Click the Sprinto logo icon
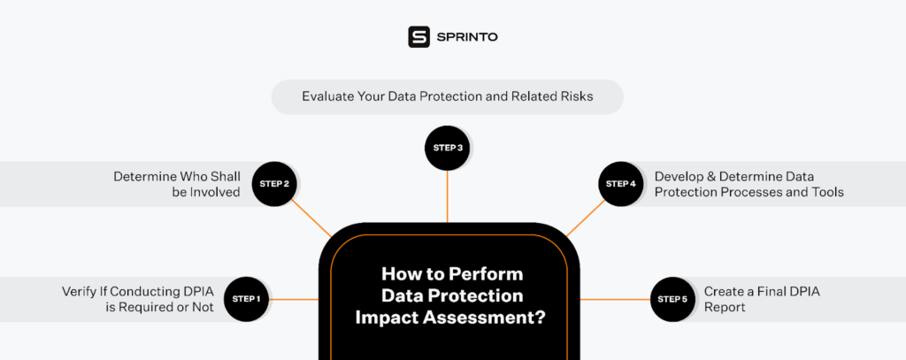pos(418,37)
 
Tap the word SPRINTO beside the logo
pos(467,37)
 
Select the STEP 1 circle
pos(247,299)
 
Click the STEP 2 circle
pos(274,184)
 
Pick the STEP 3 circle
pos(447,148)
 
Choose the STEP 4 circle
pos(620,184)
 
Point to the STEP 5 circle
pos(672,299)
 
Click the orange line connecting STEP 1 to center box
pos(294,299)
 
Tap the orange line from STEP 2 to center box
pos(311,218)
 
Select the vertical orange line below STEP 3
pos(447,196)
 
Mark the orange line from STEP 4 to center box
pos(586,218)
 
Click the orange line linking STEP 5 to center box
pos(615,299)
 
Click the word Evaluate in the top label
pos(325,96)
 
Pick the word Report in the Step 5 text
pos(725,308)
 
